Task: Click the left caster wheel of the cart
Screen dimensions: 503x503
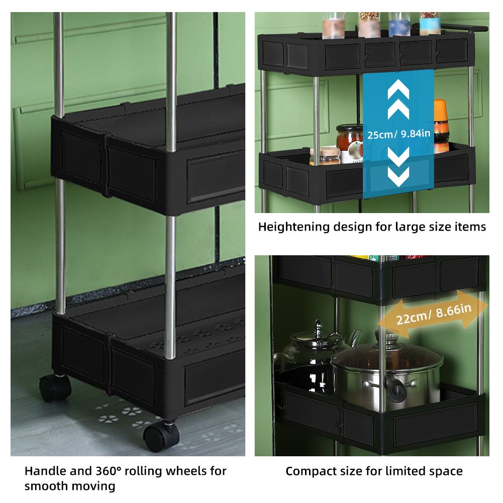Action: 55,387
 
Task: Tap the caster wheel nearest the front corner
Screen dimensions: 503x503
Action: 161,436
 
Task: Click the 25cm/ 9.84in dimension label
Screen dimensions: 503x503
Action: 398,134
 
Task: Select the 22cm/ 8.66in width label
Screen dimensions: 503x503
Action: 434,314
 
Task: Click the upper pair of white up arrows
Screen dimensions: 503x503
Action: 398,100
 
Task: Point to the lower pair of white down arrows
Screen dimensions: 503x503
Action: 398,167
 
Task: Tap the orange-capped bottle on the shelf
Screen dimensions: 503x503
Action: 441,125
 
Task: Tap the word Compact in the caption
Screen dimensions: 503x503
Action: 308,471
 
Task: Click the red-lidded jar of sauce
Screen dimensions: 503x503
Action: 349,138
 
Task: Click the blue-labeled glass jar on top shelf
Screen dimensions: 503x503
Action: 399,25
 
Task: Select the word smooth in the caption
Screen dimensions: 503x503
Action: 46,486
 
